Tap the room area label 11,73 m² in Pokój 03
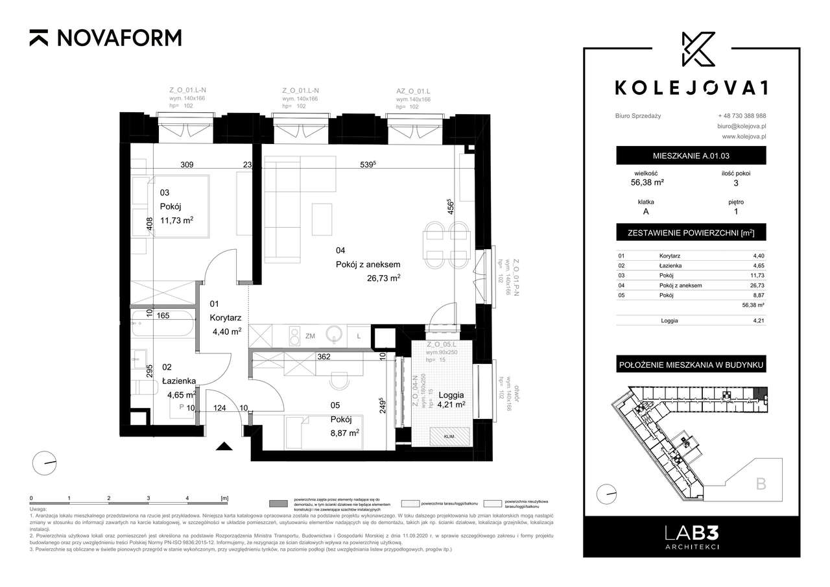tap(176, 221)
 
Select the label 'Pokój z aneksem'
tap(368, 264)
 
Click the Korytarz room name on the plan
tap(226, 318)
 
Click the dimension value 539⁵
tap(370, 165)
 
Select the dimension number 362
tap(324, 356)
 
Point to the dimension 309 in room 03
tap(187, 165)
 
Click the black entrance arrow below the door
tap(224, 446)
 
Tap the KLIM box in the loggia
tap(449, 437)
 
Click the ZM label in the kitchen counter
tap(309, 336)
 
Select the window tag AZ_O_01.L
tap(414, 91)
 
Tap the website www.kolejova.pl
tap(744, 137)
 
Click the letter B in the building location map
tap(761, 483)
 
